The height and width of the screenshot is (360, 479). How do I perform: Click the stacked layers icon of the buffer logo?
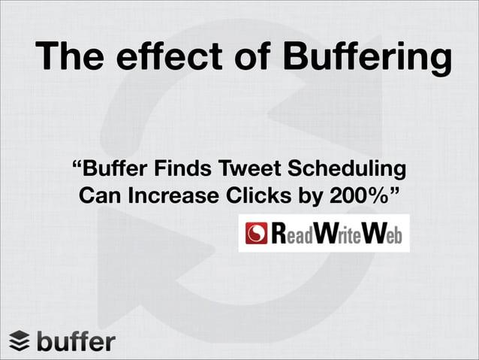20,341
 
